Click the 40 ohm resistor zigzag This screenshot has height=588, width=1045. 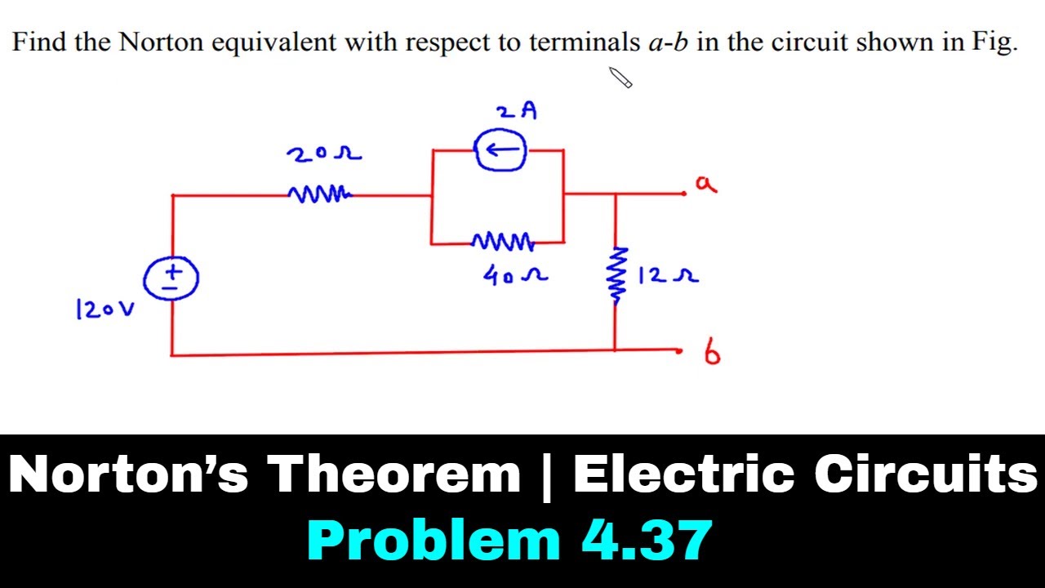tap(502, 241)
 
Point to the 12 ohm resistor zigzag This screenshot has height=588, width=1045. tap(616, 276)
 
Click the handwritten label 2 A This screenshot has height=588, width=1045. tap(517, 111)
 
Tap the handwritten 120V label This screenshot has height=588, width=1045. tap(105, 310)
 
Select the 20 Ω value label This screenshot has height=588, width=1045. tap(324, 154)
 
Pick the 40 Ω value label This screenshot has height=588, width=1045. tap(515, 275)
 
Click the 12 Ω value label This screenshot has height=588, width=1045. tap(668, 275)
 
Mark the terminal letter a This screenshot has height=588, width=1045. tap(706, 185)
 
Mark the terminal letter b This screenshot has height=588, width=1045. tap(712, 352)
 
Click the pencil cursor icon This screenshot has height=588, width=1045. tap(620, 78)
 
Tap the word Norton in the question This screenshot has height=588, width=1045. tap(161, 42)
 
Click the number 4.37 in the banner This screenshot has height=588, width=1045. tap(647, 540)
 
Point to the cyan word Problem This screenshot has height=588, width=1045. tap(434, 540)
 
